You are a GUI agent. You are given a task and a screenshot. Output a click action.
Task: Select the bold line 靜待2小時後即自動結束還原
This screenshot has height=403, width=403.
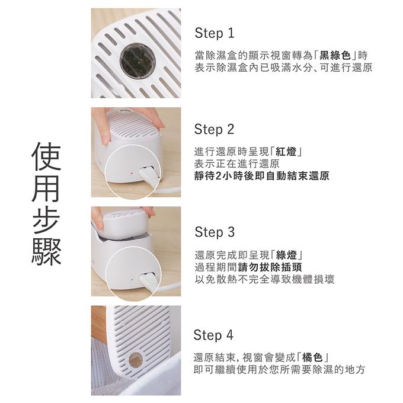(261, 176)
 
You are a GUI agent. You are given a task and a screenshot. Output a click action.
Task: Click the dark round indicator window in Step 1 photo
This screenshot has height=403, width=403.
(137, 59)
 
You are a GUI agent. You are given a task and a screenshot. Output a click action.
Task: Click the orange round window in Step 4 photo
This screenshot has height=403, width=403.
(135, 359)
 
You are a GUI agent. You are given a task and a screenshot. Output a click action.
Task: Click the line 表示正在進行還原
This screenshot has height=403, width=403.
(236, 164)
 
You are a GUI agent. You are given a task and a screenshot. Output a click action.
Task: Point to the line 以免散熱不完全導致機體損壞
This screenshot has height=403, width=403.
(264, 279)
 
